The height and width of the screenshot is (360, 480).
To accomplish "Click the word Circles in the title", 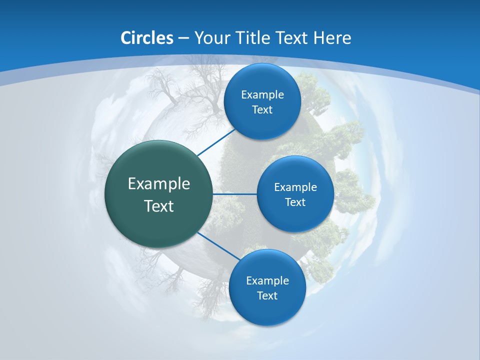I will (147, 38).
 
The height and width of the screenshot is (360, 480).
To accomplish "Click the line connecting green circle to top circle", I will (217, 141).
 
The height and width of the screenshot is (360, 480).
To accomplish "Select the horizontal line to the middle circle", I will (234, 194).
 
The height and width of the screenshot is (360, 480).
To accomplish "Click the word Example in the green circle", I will (159, 183).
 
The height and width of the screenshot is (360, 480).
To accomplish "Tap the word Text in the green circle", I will (159, 205).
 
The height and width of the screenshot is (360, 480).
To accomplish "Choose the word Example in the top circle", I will (262, 94).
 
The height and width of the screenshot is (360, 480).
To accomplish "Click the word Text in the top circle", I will (262, 109).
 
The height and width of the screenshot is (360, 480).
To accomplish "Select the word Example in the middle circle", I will (295, 187).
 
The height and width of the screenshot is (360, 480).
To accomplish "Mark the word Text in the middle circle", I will (295, 202).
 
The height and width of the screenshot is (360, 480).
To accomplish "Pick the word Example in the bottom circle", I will (267, 280).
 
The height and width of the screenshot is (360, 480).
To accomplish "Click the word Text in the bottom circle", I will (267, 295).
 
